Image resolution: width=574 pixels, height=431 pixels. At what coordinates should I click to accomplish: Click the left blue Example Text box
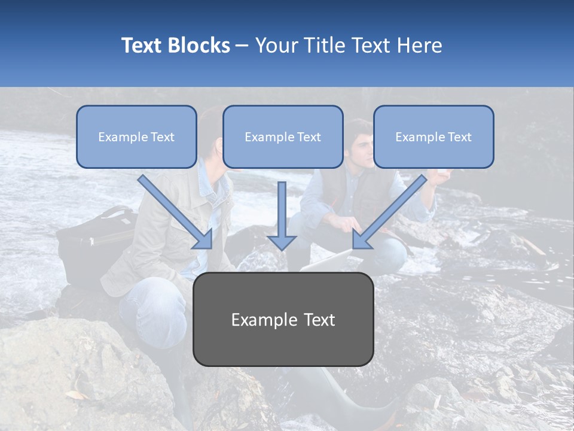[136, 137]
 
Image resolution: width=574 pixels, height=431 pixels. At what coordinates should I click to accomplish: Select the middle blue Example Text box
[283, 137]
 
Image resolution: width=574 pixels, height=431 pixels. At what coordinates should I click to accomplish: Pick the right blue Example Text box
[433, 137]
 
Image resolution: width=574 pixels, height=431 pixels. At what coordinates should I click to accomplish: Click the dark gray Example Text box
[283, 320]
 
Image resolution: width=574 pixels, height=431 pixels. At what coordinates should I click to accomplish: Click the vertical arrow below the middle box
[282, 215]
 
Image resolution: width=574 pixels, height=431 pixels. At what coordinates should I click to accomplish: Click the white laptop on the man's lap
[326, 261]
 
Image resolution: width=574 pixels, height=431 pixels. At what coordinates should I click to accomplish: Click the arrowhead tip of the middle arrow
[282, 248]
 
